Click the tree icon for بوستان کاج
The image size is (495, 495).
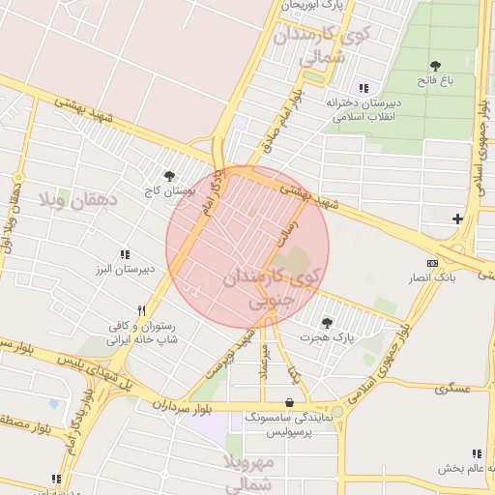170,176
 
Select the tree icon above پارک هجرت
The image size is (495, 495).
327,323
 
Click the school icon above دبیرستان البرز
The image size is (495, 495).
125,254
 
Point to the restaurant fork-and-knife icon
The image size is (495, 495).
142,310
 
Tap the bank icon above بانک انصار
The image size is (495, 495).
432,262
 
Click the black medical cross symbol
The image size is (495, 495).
457,218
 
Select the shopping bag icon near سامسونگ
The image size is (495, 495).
289,403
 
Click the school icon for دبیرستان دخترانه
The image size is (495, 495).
364,86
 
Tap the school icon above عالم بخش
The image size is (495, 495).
476,452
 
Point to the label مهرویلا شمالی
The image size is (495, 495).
248,475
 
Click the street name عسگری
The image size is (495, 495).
451,389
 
